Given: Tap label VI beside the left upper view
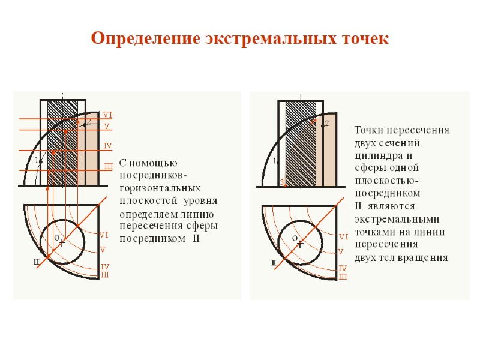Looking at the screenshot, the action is tap(107, 115).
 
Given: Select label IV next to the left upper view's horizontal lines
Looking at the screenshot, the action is tap(108, 146).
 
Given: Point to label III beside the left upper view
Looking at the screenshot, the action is tap(109, 166).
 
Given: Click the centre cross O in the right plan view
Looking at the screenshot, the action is tap(300, 244).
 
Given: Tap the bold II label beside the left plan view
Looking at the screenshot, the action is tap(36, 262).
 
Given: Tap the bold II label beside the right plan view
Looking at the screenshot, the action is tap(274, 263).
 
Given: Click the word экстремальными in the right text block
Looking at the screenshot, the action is tap(397, 219).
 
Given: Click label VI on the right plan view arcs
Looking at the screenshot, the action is tap(344, 237).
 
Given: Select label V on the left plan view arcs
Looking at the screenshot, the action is tap(103, 250).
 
